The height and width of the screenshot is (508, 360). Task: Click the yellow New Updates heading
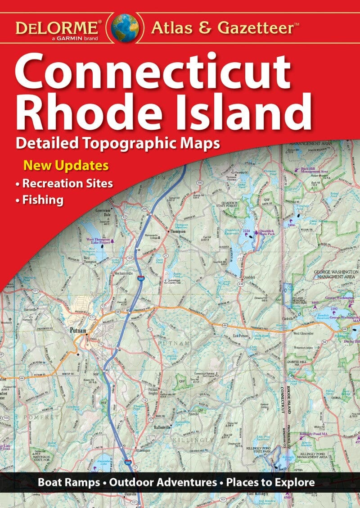tap(66, 165)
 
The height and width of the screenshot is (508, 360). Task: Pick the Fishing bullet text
tap(43, 200)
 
